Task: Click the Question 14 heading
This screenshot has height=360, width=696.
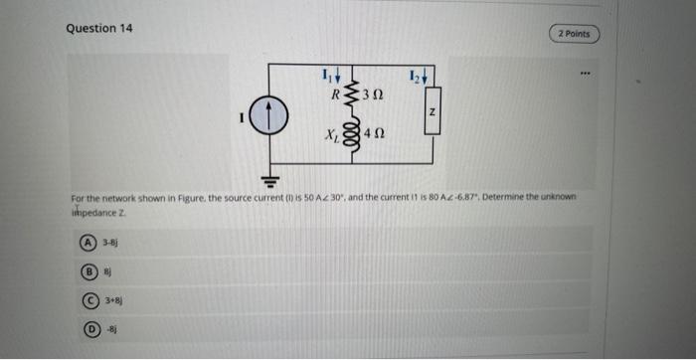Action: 98,28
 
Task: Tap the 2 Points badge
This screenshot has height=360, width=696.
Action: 574,34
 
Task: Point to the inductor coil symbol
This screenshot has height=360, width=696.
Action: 352,132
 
